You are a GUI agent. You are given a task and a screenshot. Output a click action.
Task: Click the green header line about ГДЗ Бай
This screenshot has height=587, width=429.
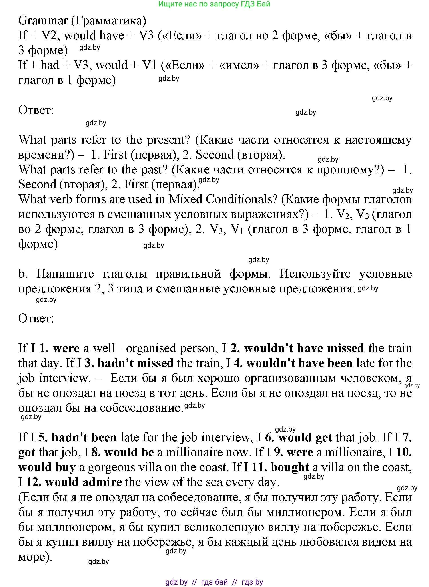pos(214,4)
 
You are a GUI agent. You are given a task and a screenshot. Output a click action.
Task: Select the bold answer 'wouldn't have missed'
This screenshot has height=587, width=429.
pos(304,348)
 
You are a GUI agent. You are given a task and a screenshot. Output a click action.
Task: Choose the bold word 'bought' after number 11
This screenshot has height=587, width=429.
pos(290,467)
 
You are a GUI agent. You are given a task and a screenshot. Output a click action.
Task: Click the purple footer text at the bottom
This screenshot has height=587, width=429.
pos(214,582)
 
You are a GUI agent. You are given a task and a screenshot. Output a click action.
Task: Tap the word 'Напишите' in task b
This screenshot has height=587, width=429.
pos(65,274)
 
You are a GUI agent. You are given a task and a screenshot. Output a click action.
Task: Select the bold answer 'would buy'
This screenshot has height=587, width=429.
pos(47,467)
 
